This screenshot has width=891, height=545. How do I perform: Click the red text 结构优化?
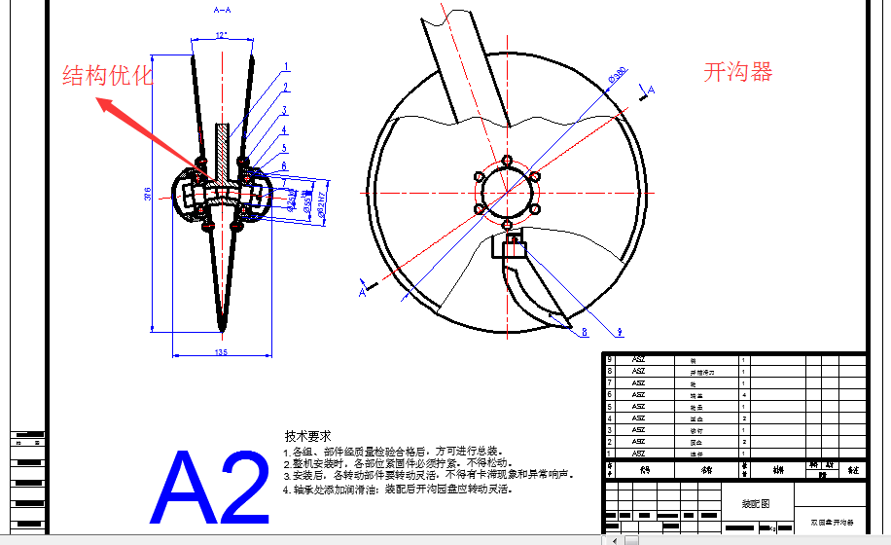click(107, 76)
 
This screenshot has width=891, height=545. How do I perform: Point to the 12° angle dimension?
click(222, 36)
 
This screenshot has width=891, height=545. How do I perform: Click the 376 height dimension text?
click(148, 195)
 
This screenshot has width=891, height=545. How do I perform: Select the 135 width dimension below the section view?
click(221, 352)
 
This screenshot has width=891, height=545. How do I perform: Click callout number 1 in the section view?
click(286, 68)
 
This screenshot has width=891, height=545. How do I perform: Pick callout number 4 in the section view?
click(284, 129)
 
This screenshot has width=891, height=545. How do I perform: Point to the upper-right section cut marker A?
click(651, 90)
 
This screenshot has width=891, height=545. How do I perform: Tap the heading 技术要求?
click(307, 436)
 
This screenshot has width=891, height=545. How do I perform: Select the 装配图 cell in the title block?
click(749, 505)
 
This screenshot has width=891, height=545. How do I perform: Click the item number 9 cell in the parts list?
click(610, 359)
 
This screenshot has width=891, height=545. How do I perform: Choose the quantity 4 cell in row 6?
click(744, 395)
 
